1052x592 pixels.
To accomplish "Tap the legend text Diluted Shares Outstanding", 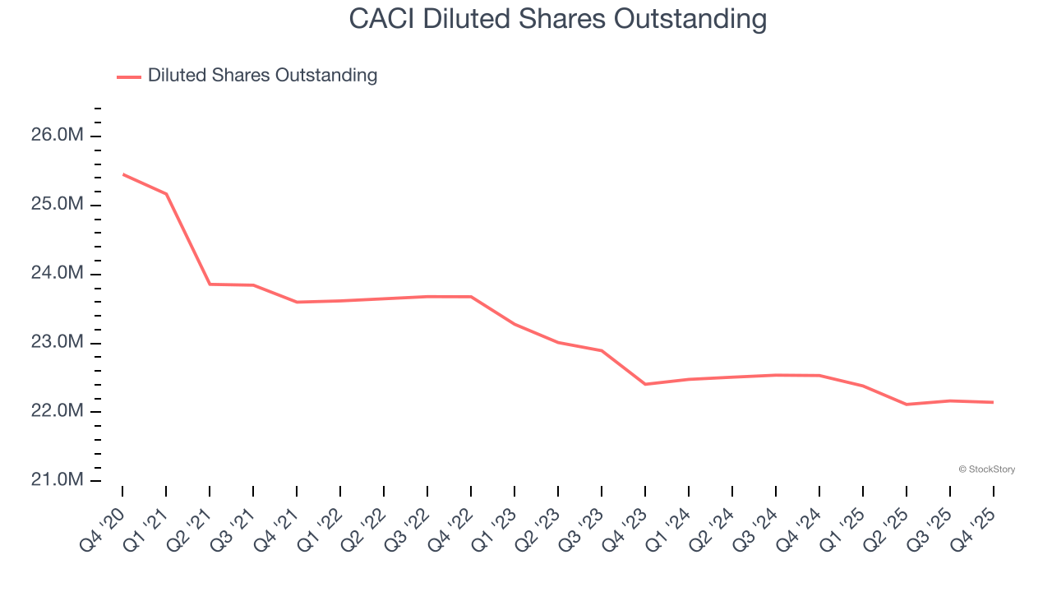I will [x=262, y=76].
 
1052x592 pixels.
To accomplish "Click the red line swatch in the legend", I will [x=129, y=76].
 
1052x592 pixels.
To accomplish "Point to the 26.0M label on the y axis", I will [x=58, y=135].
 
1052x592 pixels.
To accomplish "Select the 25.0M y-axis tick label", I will [x=58, y=204].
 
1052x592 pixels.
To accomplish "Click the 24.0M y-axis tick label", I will [x=58, y=273].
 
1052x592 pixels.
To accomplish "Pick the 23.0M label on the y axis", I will [x=58, y=342].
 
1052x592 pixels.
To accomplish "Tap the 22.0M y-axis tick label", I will [x=58, y=411].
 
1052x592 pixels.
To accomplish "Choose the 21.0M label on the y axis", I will [x=58, y=480].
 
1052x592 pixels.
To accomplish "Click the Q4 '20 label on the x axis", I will [x=101, y=530].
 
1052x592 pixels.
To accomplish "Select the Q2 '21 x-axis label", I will [x=188, y=530].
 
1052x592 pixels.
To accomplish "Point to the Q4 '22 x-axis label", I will [x=450, y=530].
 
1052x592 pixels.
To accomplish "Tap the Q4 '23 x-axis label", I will [x=624, y=530].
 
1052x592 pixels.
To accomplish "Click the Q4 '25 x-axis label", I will [x=972, y=530].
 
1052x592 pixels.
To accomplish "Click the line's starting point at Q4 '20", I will [x=123, y=174].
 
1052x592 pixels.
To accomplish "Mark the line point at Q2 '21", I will [x=210, y=284].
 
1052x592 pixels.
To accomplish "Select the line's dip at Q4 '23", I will [x=645, y=384].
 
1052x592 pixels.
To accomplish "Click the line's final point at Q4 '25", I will [x=993, y=402].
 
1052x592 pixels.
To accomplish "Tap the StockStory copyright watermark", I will [x=986, y=469].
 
